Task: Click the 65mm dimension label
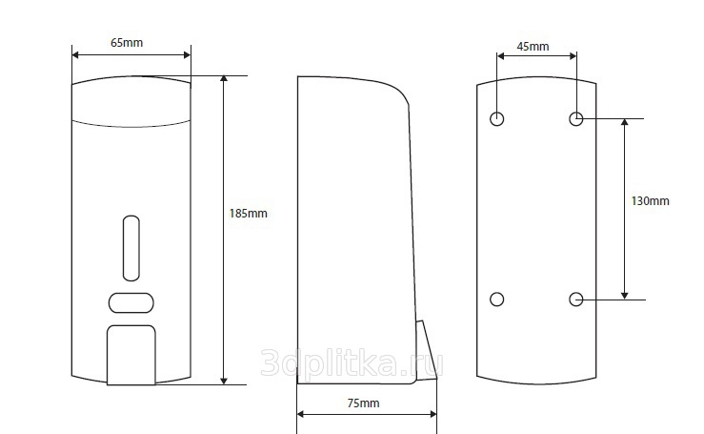click(x=127, y=43)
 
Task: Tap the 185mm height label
click(x=249, y=213)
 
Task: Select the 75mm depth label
click(x=363, y=403)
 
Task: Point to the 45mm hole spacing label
click(x=533, y=47)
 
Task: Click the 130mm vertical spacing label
click(x=650, y=201)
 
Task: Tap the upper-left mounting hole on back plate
click(x=496, y=118)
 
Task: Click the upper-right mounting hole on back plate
click(x=576, y=118)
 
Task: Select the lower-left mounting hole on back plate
click(x=496, y=300)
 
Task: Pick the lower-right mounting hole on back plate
click(x=576, y=300)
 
